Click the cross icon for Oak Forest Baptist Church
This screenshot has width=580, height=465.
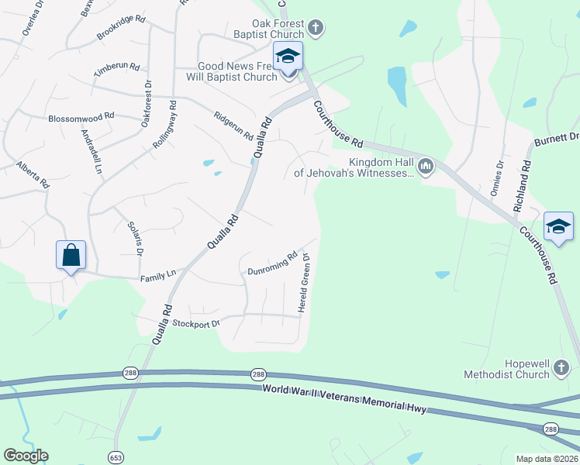point(315,29)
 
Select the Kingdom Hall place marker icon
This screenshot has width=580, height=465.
point(425,167)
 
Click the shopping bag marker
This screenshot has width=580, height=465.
point(71,254)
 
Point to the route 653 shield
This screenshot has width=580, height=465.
point(116,457)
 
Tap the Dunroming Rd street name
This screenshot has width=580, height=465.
point(272,264)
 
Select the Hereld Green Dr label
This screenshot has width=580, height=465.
point(306,284)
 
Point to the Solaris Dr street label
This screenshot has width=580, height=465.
point(135,237)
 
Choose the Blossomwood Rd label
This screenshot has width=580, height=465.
point(81,116)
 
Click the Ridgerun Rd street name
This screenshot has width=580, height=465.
point(233,125)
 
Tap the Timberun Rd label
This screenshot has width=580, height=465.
point(116,69)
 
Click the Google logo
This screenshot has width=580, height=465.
point(26,456)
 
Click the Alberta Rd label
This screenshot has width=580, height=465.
point(33,175)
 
